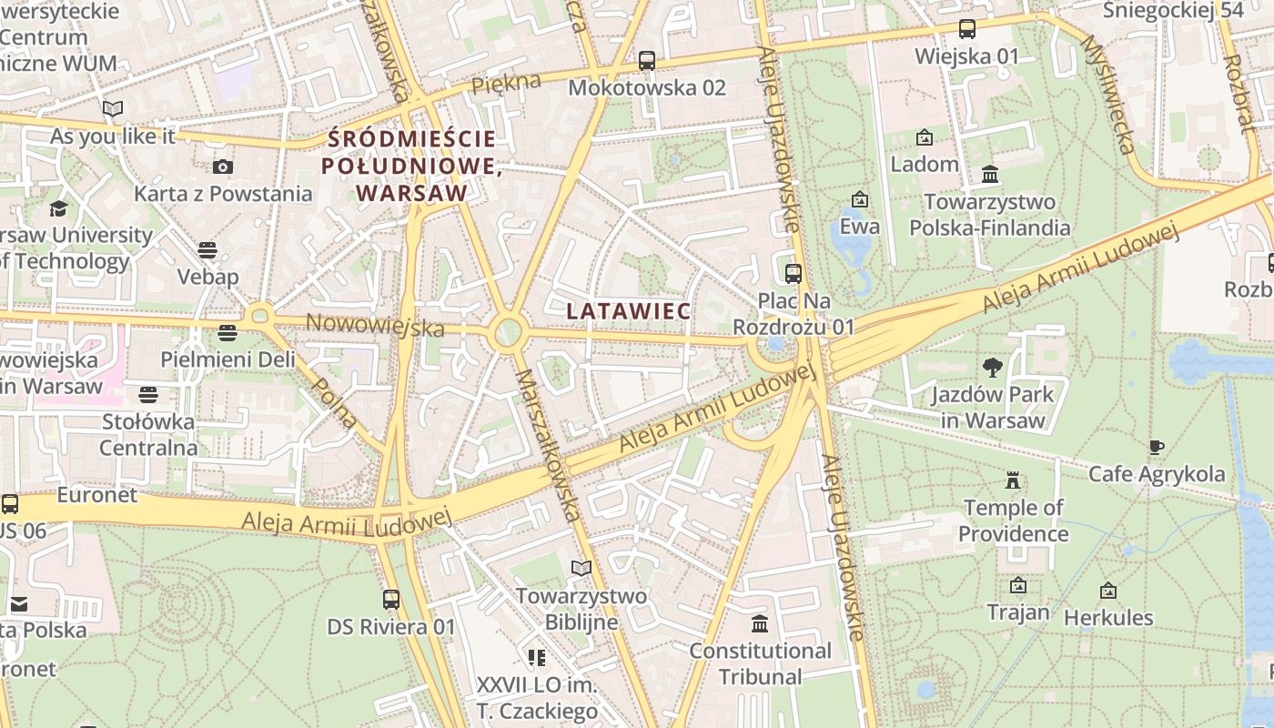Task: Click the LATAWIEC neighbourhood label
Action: tap(628, 311)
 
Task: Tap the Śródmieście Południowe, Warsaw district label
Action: tap(412, 166)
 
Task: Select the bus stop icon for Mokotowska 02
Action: tap(646, 61)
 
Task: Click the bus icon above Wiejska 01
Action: tap(966, 29)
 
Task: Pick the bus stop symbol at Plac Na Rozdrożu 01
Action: tap(793, 273)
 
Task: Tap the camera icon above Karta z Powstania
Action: tap(222, 167)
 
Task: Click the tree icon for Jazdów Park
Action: tap(992, 368)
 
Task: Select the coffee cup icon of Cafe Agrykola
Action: tap(1156, 447)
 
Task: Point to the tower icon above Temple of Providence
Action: tap(1012, 480)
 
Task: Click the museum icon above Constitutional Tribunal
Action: tap(760, 623)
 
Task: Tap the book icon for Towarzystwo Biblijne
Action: tap(581, 569)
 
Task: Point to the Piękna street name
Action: tap(506, 83)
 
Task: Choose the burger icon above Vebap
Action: tap(207, 249)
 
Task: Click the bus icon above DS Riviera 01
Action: tap(391, 600)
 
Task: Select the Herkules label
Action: tap(1107, 618)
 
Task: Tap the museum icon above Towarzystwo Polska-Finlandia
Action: tap(990, 174)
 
